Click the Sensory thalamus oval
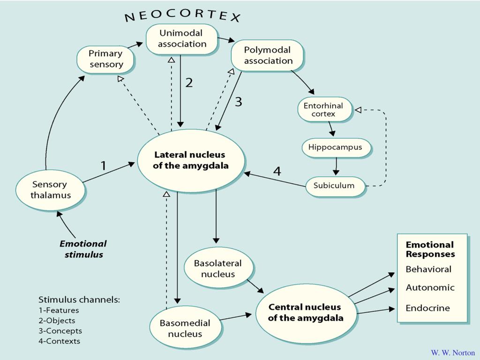(51, 190)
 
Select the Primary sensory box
(106, 59)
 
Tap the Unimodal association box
(182, 39)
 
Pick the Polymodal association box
(268, 55)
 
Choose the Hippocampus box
(336, 148)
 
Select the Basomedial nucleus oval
(185, 328)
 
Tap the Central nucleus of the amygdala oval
(305, 313)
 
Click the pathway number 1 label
(104, 165)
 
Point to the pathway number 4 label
(277, 171)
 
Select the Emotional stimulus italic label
(83, 249)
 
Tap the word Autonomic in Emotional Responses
(430, 288)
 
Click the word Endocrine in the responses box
(427, 308)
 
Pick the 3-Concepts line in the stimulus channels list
(60, 331)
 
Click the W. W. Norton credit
(452, 353)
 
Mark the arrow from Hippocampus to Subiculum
(336, 166)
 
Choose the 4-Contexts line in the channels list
(59, 341)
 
